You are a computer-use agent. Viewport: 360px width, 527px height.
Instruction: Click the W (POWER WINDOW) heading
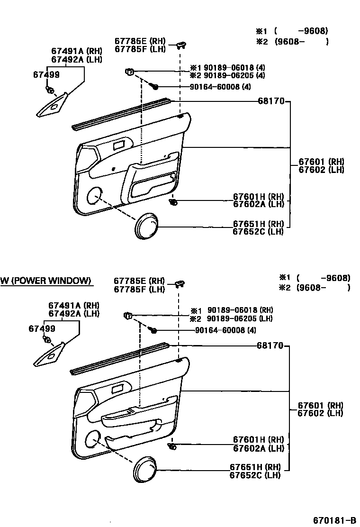[45, 281]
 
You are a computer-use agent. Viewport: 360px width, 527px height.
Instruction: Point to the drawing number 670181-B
[334, 519]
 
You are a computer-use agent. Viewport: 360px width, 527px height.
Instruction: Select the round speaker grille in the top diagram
[146, 225]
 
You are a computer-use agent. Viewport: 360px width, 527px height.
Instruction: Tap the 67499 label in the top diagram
[46, 74]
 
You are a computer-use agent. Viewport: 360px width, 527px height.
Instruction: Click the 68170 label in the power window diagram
[270, 346]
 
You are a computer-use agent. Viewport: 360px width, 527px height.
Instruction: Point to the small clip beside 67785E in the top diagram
[181, 45]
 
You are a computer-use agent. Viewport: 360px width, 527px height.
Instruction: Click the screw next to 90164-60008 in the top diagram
[155, 86]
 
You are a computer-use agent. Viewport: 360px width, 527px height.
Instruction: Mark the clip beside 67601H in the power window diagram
[172, 446]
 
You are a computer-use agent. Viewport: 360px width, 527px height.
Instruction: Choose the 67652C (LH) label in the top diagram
[258, 232]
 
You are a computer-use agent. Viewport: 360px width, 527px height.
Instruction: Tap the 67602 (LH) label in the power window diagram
[320, 413]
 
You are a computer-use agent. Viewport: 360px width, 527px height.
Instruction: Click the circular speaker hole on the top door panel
[94, 194]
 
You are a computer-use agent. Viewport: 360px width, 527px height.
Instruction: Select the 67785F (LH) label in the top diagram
[139, 48]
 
